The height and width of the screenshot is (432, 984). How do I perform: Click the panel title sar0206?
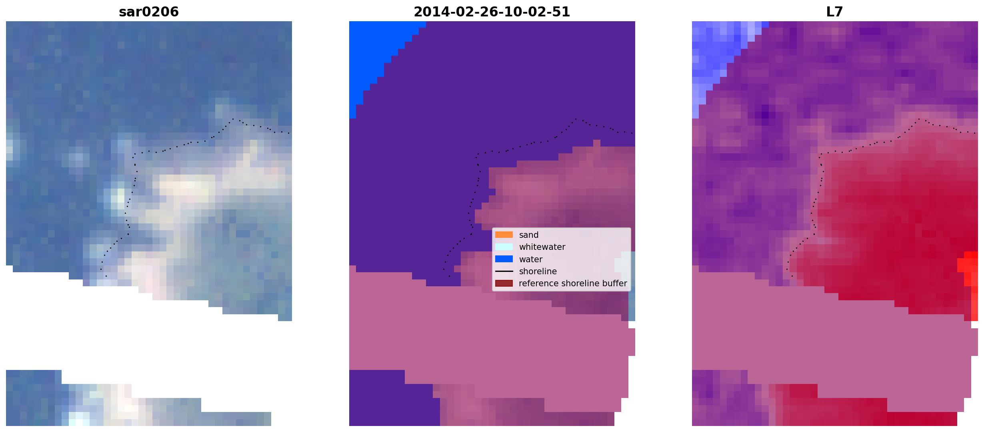pos(149,12)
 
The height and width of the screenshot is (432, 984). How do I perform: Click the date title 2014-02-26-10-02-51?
pos(492,12)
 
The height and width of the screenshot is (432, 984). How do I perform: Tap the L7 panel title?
pos(834,12)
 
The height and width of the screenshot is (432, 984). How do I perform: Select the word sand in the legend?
pos(528,235)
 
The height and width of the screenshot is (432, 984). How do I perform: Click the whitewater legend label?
pos(542,247)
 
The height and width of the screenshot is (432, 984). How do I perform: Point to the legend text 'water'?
pos(530,259)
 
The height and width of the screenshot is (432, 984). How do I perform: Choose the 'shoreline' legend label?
pos(538,271)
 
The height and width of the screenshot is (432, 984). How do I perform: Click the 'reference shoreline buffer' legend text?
pos(573,283)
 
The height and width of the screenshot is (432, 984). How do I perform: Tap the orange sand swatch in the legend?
pos(504,235)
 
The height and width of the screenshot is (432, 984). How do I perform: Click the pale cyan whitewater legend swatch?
pos(504,247)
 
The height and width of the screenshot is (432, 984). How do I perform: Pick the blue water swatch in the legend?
pos(504,259)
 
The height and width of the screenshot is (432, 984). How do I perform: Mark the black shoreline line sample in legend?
pos(504,271)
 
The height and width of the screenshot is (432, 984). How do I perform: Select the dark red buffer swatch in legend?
pos(504,283)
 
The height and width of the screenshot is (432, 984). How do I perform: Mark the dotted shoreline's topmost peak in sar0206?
pos(233,119)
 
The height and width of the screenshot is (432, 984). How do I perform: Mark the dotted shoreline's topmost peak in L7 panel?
pos(919,119)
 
